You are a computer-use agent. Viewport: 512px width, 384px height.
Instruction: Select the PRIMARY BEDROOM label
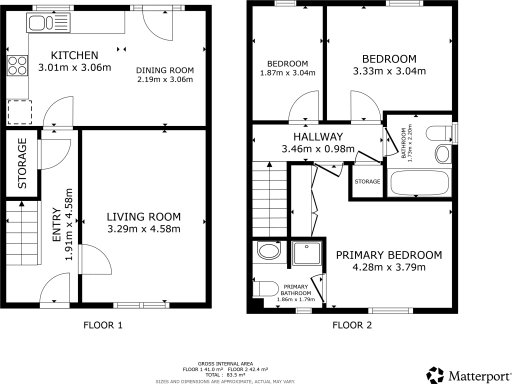(389, 256)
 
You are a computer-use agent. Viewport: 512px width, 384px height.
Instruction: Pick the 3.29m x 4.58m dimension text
(142, 229)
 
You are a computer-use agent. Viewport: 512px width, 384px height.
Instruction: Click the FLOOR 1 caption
(103, 326)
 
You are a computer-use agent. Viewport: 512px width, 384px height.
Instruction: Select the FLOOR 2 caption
(351, 326)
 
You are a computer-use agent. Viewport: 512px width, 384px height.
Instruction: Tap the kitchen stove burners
(16, 67)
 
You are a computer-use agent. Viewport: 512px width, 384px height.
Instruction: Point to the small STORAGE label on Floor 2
(368, 182)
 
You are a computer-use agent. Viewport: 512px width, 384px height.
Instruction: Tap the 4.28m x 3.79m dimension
(389, 269)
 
